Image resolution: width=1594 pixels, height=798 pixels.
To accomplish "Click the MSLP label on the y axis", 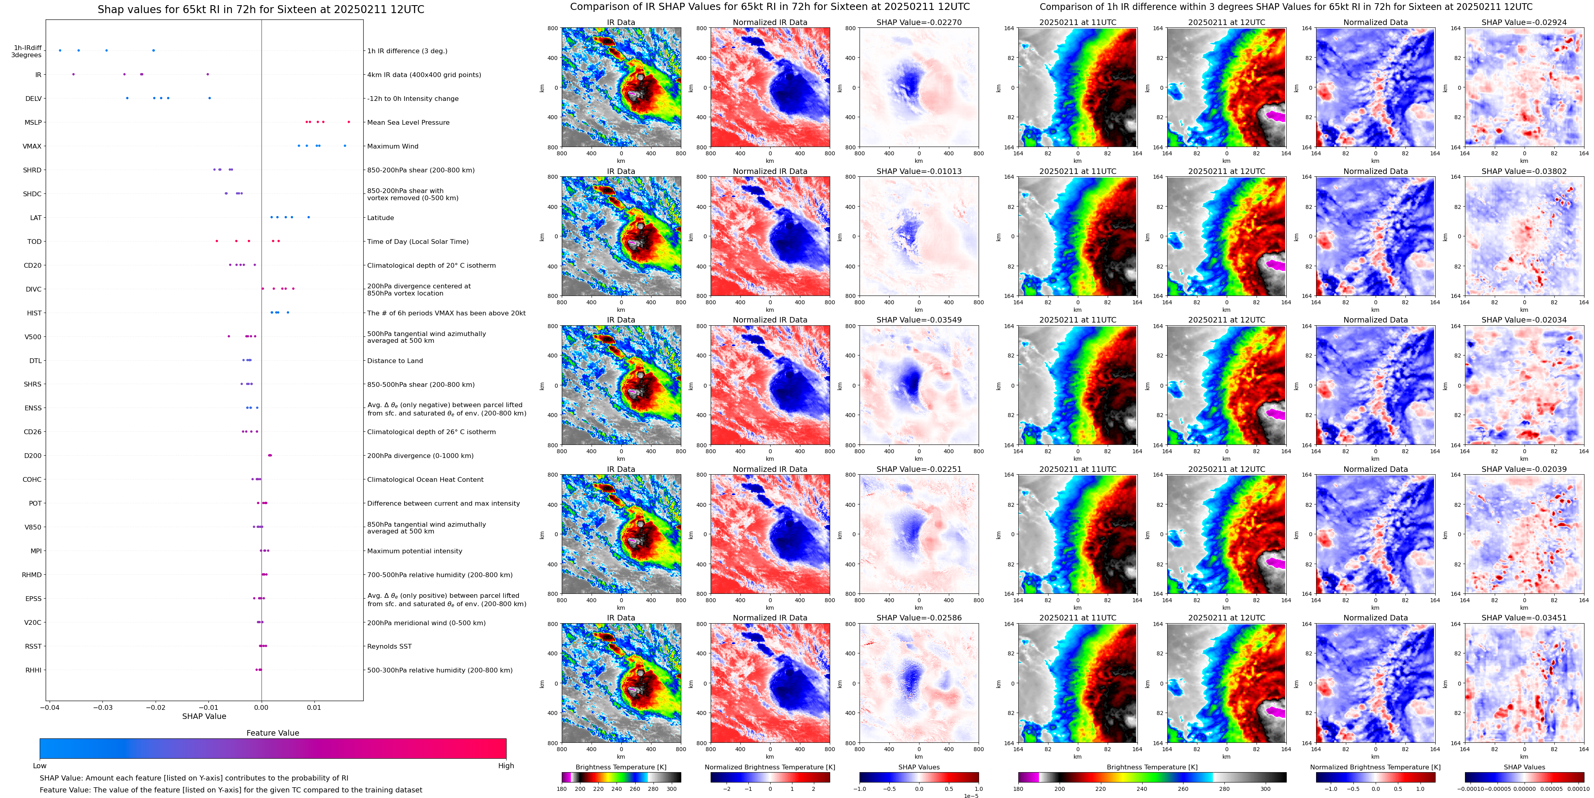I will tap(33, 123).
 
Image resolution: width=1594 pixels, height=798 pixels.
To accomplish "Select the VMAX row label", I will tap(32, 146).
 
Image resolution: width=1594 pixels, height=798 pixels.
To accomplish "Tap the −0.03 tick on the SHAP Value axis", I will tap(103, 707).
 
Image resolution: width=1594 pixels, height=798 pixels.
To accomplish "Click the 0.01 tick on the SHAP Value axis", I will tap(314, 707).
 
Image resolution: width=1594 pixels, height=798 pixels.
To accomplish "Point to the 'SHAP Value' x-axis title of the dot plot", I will tap(204, 716).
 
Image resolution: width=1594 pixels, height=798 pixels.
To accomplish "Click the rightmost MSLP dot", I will tap(349, 122).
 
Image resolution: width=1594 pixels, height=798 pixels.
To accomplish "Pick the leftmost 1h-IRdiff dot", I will tap(60, 50).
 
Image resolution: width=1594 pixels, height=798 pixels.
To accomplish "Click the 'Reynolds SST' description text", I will tap(389, 646).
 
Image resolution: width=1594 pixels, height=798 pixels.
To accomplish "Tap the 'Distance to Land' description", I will tap(395, 361).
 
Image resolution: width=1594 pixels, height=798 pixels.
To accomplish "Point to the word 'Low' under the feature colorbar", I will tap(40, 766).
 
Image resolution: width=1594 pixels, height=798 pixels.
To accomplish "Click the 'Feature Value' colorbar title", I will tap(272, 733).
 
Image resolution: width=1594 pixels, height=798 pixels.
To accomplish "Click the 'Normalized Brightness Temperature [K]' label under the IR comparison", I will tap(770, 767).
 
